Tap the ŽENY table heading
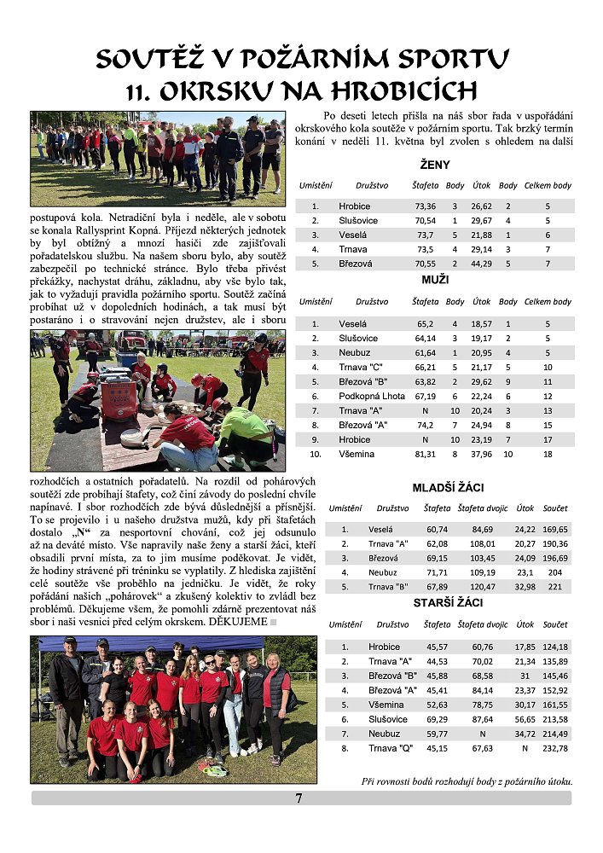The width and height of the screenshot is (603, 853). (x=435, y=164)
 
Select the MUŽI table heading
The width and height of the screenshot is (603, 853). (x=435, y=279)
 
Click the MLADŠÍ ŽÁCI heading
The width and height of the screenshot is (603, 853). (x=449, y=487)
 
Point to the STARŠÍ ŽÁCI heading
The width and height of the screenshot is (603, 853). (x=449, y=602)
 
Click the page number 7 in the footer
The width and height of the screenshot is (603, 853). (x=299, y=798)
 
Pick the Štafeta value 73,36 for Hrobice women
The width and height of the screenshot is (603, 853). (x=425, y=206)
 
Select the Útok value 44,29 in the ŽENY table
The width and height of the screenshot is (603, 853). (x=482, y=264)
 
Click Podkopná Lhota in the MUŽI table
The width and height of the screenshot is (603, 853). (x=371, y=396)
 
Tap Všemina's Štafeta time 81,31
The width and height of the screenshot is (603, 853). (x=425, y=454)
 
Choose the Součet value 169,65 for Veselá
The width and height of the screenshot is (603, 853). (x=554, y=529)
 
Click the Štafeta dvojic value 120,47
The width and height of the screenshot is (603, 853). (x=482, y=587)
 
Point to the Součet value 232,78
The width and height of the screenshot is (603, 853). (x=554, y=748)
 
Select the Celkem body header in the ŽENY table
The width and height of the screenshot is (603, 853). (x=548, y=185)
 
